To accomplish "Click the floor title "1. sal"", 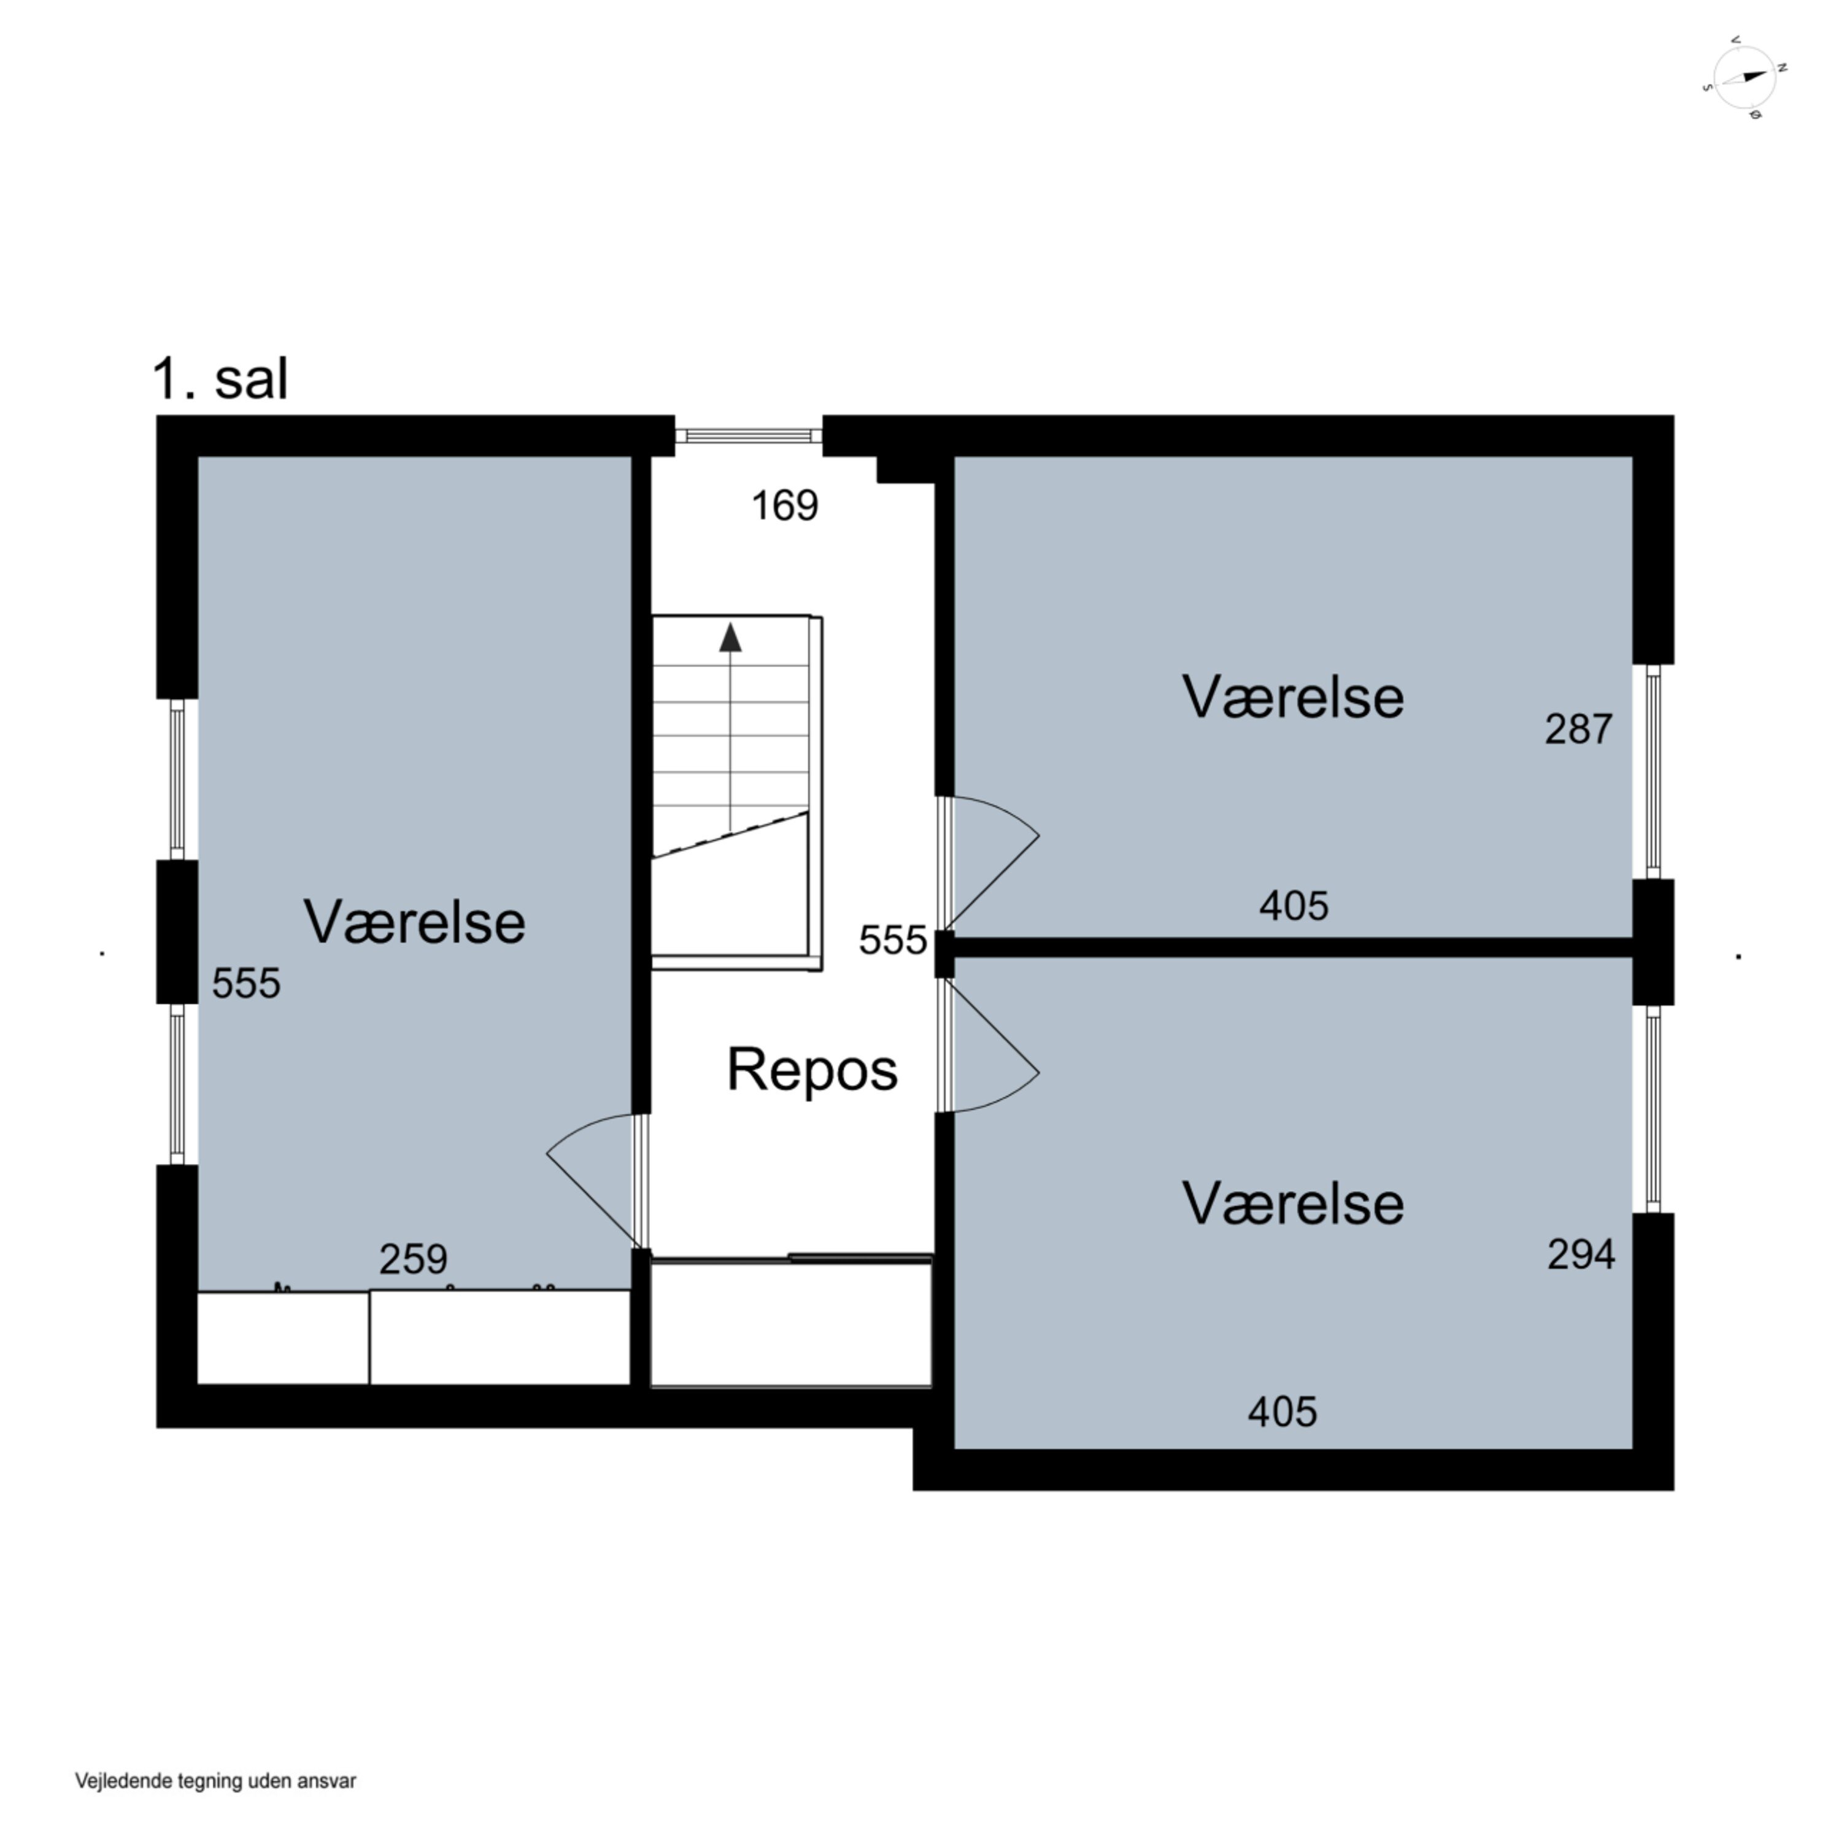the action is click(x=220, y=379).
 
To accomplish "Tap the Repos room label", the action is click(x=812, y=1069).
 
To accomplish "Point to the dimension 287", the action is click(x=1578, y=729).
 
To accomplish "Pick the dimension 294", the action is click(x=1581, y=1255).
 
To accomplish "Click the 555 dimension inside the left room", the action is click(x=246, y=983).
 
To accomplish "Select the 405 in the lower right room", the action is click(x=1283, y=1411).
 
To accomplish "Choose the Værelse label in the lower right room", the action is click(x=1293, y=1203).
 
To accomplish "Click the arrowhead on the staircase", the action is click(x=730, y=638).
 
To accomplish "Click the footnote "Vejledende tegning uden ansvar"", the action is click(x=215, y=1781).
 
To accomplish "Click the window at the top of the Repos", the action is click(x=748, y=436).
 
